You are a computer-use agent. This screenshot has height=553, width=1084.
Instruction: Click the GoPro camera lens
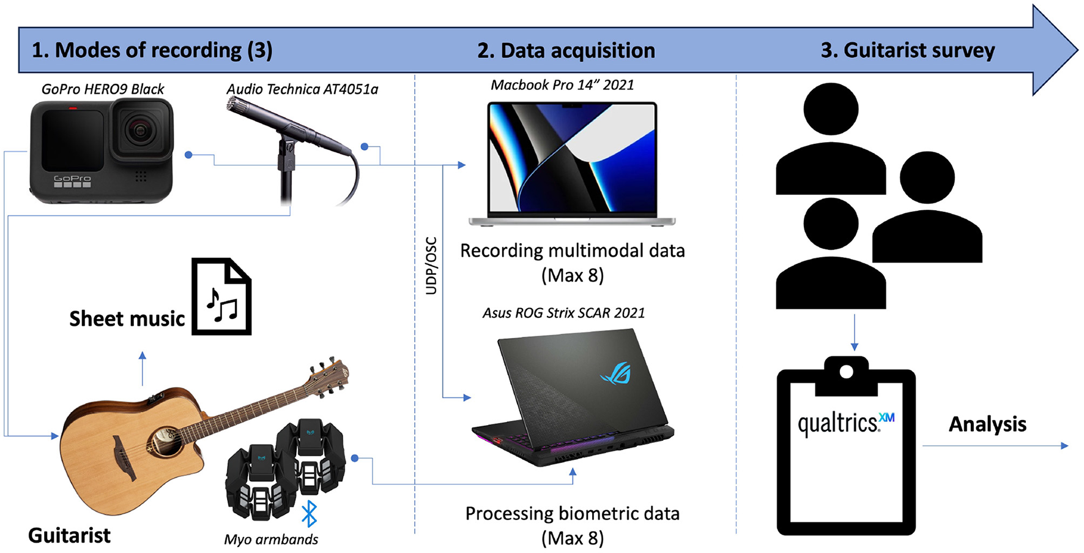[x=140, y=129]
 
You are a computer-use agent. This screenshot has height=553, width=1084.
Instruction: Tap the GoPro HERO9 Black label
[x=103, y=89]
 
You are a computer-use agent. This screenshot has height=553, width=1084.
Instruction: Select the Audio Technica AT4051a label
[x=302, y=89]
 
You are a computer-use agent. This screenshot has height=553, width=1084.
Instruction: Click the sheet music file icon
[x=221, y=297]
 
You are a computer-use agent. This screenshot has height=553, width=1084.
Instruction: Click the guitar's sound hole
[x=162, y=440]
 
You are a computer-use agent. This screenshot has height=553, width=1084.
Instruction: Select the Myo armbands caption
[x=271, y=540]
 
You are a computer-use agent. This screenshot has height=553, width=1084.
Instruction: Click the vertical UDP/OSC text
[x=431, y=266]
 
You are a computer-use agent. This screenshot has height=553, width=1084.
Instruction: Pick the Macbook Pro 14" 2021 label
[x=562, y=85]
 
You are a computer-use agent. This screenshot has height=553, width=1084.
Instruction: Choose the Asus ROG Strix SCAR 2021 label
[x=563, y=313]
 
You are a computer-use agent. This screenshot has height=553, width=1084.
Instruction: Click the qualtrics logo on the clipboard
[x=845, y=423]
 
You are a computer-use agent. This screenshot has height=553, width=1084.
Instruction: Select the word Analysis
[x=987, y=424]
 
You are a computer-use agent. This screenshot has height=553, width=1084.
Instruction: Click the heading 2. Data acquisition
[x=566, y=51]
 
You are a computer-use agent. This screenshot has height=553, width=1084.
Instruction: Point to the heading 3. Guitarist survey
[x=908, y=51]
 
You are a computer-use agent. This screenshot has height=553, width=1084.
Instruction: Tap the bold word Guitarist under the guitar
[x=69, y=536]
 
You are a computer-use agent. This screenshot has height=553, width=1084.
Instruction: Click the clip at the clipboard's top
[x=846, y=372]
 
